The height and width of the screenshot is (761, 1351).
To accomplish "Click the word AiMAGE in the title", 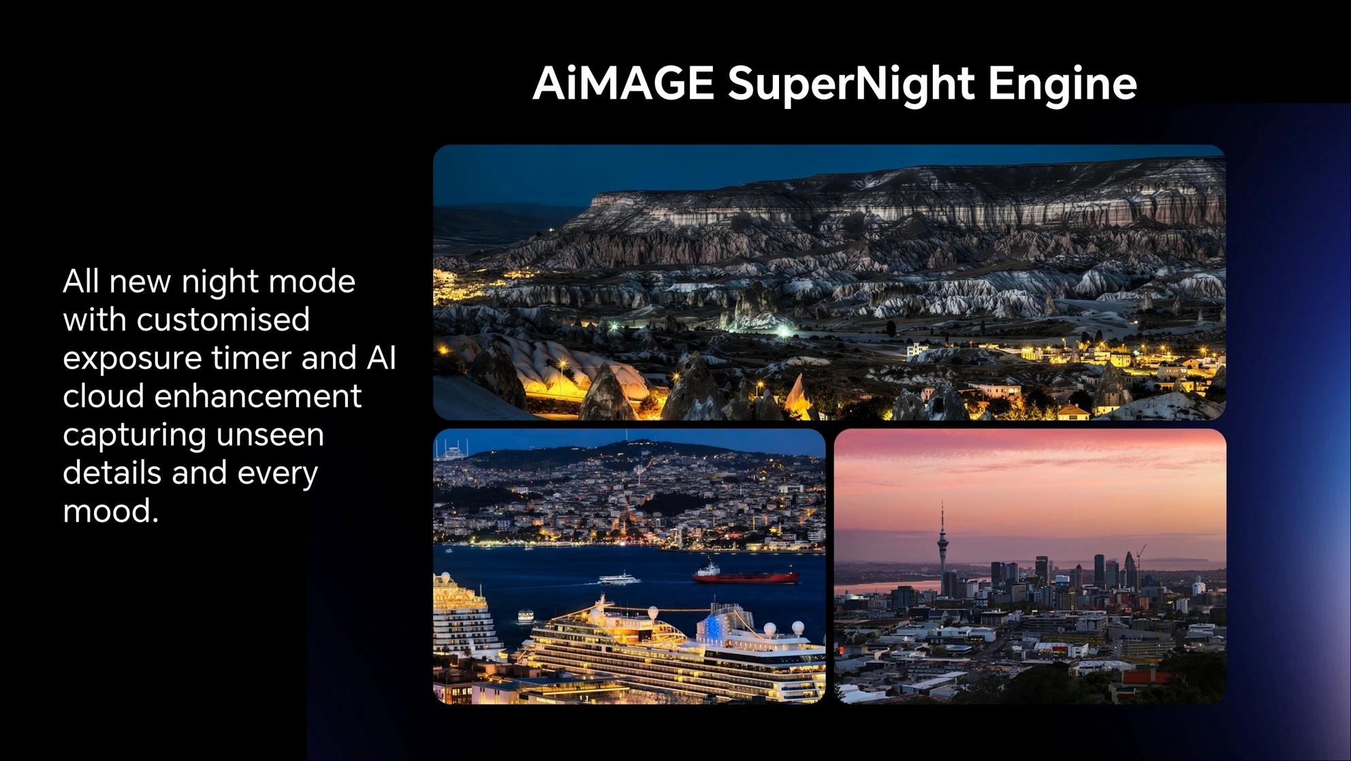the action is [x=623, y=83].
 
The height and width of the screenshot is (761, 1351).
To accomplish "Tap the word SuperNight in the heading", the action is [x=852, y=85].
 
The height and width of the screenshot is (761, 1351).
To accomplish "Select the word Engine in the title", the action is [x=1062, y=85].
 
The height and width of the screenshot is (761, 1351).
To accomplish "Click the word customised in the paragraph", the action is [x=223, y=320].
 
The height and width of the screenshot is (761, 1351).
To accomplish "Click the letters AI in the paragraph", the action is [x=381, y=358].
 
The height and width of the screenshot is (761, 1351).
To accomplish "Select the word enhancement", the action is [x=258, y=396].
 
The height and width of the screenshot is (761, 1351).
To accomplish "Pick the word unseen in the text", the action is [x=274, y=435].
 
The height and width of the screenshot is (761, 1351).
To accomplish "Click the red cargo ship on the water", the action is [x=745, y=574].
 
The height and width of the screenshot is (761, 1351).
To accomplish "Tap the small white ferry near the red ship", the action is [x=619, y=578].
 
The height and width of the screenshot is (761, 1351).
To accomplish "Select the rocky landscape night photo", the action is [x=829, y=282].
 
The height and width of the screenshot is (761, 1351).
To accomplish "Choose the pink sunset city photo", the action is [x=1030, y=566].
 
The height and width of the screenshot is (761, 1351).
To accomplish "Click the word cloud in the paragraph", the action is [x=104, y=396].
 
